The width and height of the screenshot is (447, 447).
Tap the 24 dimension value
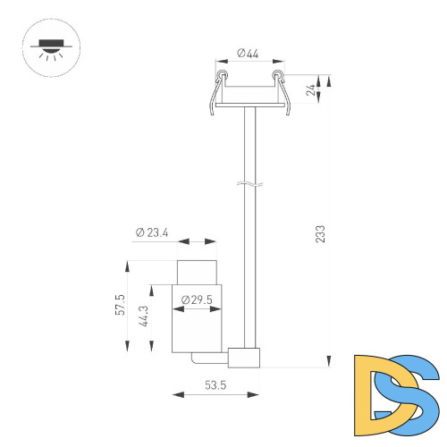click(x=311, y=89)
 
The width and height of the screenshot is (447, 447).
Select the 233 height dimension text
click(x=320, y=233)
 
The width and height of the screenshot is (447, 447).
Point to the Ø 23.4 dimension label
click(x=153, y=232)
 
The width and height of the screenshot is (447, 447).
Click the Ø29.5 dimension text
click(x=196, y=299)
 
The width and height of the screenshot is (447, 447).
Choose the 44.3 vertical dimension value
click(x=144, y=319)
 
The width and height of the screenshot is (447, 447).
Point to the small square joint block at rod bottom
click(x=243, y=357)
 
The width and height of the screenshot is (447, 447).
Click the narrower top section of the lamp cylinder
click(x=197, y=271)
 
